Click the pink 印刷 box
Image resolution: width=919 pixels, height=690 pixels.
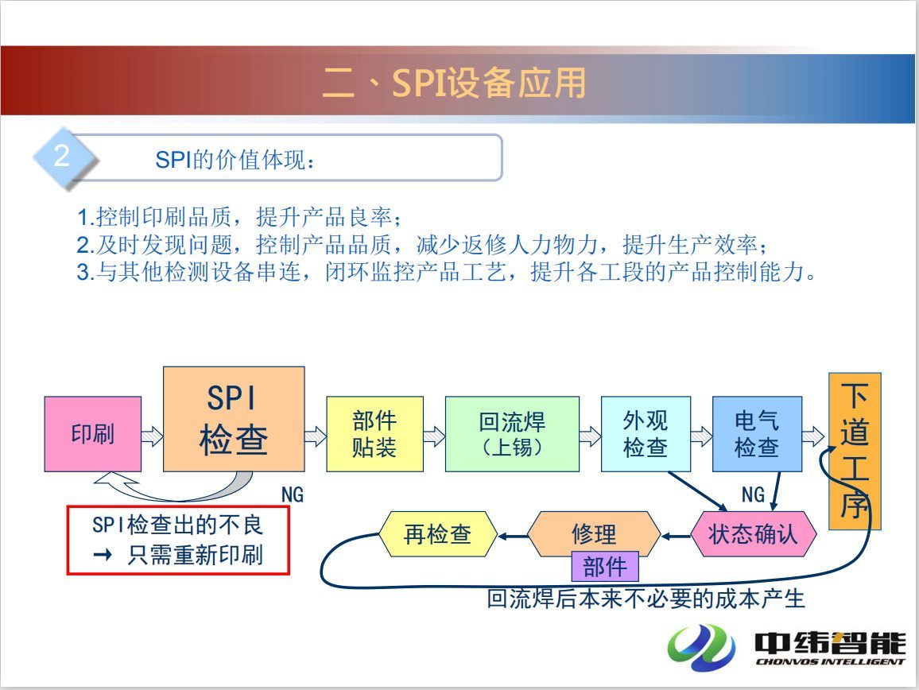[x=92, y=434]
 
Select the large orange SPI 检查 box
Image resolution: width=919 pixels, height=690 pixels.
[x=234, y=419]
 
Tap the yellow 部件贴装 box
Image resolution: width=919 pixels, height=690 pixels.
[x=374, y=434]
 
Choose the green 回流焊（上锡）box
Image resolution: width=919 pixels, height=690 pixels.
[x=512, y=434]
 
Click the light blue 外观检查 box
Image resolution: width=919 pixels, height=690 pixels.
[x=646, y=434]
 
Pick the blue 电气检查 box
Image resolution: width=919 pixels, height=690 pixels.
[x=758, y=434]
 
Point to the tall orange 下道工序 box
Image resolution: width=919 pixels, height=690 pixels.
[x=855, y=451]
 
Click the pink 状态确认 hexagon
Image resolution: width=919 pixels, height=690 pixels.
[x=753, y=534]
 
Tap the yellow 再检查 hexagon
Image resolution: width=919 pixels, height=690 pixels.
[x=438, y=534]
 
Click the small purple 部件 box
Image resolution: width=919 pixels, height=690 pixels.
[x=605, y=567]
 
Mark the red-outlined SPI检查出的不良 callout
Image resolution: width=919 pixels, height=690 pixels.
[x=178, y=540]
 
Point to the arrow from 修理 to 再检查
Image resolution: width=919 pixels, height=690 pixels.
[x=513, y=536]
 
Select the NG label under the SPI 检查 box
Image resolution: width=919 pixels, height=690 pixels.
[x=293, y=494]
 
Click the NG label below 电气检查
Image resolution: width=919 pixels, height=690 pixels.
[x=753, y=494]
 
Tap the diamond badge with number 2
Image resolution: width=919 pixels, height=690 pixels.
[x=64, y=157]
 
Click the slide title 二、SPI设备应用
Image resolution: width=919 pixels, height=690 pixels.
[x=454, y=83]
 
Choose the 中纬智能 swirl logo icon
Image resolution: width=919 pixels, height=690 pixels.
[x=701, y=647]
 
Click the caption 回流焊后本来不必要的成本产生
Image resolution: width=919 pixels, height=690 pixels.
[x=646, y=599]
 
